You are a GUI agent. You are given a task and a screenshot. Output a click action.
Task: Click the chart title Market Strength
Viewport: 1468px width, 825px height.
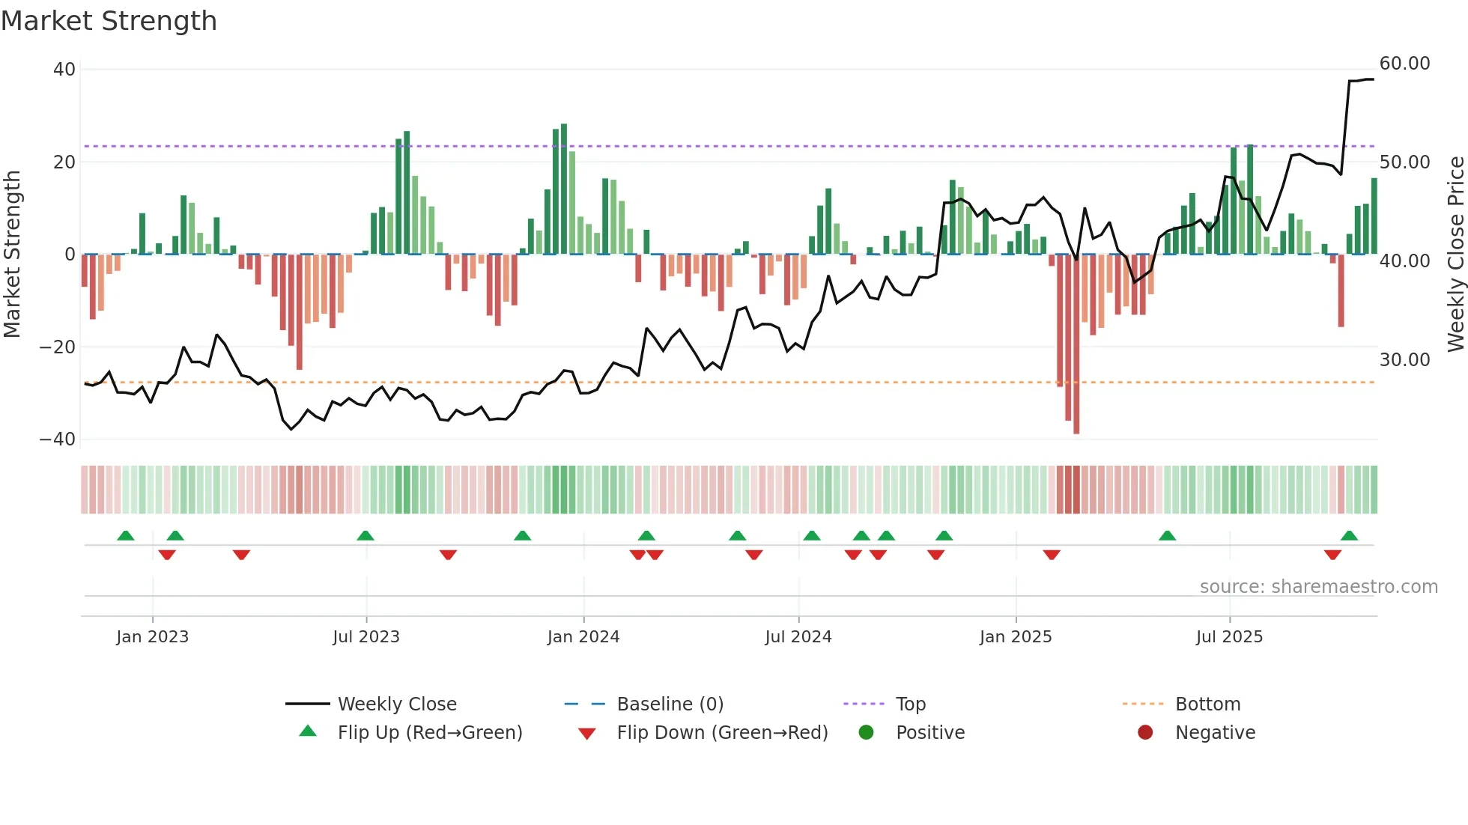109,21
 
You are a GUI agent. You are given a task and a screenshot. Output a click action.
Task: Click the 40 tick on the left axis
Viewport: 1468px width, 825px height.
64,70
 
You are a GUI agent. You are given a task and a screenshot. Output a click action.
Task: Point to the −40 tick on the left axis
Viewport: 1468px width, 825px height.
58,439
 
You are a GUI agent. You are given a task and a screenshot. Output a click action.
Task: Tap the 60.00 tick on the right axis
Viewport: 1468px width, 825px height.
1404,64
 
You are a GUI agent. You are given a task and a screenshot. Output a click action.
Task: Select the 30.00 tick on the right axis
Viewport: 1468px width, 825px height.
1404,360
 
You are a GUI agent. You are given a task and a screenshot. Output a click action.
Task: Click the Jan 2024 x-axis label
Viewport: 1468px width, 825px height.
583,637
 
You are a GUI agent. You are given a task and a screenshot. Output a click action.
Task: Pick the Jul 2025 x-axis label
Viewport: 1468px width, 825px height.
1229,637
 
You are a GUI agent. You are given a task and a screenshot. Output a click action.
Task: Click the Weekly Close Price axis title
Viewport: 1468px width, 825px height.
1455,255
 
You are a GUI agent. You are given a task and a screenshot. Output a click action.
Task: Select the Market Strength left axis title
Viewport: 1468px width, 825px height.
12,255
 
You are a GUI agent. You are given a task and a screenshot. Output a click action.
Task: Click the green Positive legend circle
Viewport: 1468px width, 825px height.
866,733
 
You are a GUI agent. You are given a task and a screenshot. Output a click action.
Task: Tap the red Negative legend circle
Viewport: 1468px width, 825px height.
1145,733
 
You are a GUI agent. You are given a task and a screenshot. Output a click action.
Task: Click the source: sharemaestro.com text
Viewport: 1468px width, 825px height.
1318,587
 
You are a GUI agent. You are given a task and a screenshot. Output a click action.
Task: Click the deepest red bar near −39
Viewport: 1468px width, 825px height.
1076,344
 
